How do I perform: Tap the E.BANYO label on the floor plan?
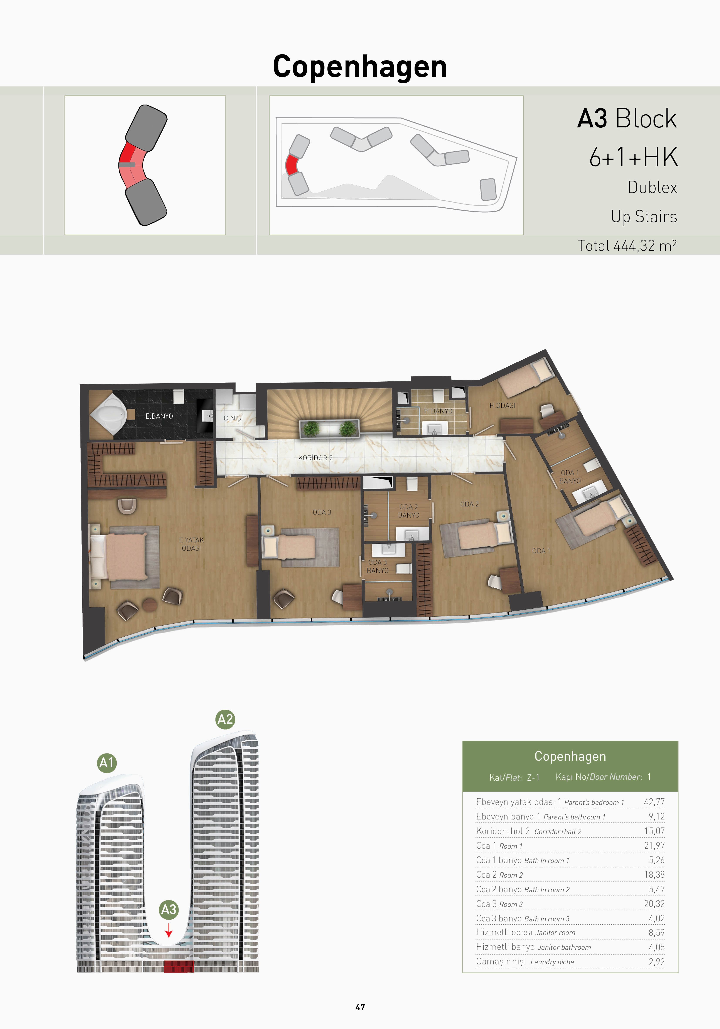(159, 416)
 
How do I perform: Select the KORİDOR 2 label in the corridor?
(315, 458)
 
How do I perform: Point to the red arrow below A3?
(169, 930)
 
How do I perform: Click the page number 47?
(360, 1007)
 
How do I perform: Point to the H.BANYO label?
(438, 411)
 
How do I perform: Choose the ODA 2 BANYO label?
(409, 511)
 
